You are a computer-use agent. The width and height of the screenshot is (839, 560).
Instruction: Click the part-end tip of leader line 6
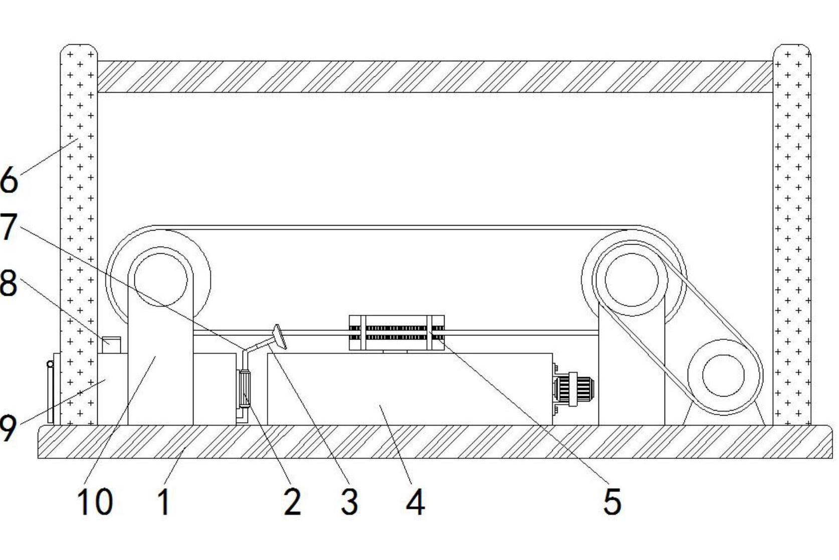(x=78, y=139)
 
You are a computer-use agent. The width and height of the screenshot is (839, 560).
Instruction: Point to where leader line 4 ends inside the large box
(x=380, y=405)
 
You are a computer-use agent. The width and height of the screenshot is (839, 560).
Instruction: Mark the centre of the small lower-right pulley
(x=723, y=376)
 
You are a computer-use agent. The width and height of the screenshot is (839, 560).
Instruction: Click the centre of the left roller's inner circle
(x=161, y=279)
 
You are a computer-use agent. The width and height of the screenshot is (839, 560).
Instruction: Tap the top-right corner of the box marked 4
(x=552, y=353)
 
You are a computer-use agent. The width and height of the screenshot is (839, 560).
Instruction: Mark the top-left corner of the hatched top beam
(x=98, y=61)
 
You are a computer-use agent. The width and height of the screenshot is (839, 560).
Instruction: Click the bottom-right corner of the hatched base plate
(x=832, y=458)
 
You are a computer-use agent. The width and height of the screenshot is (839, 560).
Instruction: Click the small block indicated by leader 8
(x=112, y=345)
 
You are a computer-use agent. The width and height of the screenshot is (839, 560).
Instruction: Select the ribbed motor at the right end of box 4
(x=573, y=389)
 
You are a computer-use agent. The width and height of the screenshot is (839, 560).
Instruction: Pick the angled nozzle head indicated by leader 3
(x=280, y=337)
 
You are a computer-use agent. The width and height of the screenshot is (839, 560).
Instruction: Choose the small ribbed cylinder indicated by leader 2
(x=244, y=389)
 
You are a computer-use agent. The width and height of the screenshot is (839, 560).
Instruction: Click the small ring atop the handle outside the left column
(x=50, y=363)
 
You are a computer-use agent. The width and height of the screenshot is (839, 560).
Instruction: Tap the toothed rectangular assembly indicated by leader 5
(x=396, y=332)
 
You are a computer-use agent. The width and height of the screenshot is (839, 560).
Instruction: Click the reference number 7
(x=8, y=226)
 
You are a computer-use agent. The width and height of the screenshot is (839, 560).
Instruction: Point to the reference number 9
(x=8, y=429)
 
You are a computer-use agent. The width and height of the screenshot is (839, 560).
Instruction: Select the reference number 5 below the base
(x=612, y=502)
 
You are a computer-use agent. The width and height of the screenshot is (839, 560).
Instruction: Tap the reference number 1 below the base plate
(x=164, y=502)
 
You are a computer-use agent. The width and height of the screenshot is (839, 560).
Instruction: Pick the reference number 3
(x=349, y=501)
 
